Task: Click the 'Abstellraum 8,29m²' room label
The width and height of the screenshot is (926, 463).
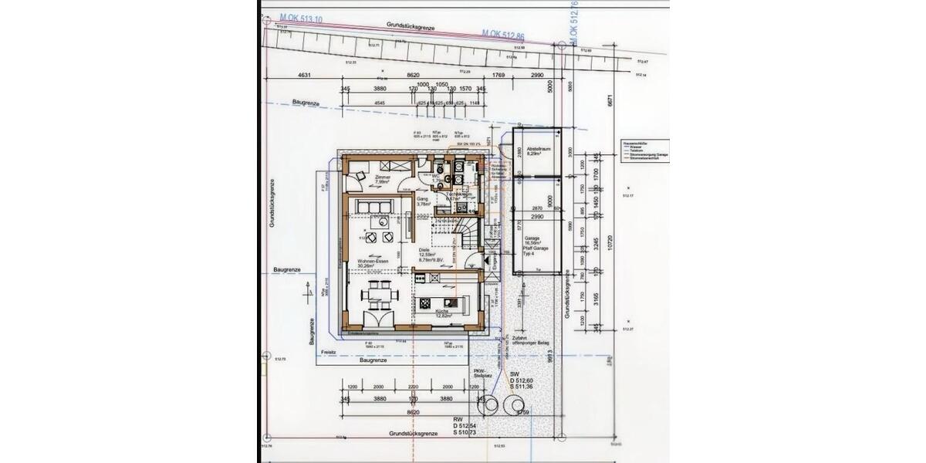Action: pyautogui.click(x=537, y=150)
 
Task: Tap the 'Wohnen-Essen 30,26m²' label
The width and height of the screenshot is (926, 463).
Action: pyautogui.click(x=371, y=265)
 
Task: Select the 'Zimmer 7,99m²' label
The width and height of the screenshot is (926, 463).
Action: pyautogui.click(x=383, y=180)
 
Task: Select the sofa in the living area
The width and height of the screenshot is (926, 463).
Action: pyautogui.click(x=373, y=204)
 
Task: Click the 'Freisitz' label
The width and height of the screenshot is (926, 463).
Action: pyautogui.click(x=330, y=351)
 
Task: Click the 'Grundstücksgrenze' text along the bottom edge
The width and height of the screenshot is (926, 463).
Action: pyautogui.click(x=414, y=434)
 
